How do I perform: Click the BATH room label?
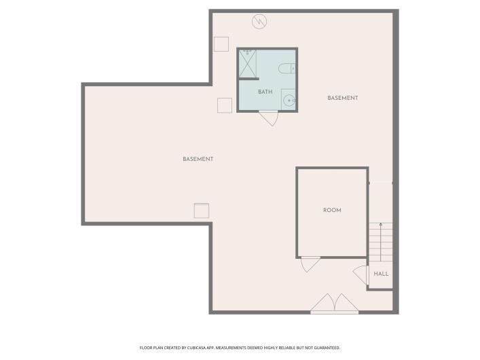[265, 92]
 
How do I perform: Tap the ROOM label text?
[332, 211]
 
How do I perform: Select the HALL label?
[381, 274]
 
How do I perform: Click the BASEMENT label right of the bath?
[342, 98]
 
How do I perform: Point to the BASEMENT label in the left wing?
[198, 159]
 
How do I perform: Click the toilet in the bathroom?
[287, 67]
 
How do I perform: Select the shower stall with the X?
[247, 64]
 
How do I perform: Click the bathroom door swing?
[270, 118]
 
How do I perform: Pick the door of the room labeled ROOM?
[310, 264]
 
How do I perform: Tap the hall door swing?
[361, 275]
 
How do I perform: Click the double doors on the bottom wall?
[334, 304]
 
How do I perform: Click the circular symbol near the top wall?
[259, 22]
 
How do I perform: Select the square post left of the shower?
[221, 43]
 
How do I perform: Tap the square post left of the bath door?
[225, 105]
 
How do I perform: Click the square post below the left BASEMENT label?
[202, 211]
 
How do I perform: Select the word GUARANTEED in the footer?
[325, 348]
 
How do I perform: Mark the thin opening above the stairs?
[381, 183]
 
